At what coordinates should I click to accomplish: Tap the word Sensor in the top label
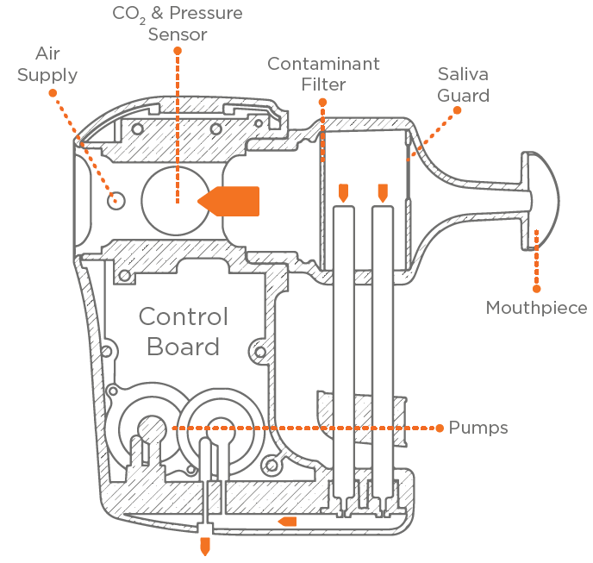tap(178, 34)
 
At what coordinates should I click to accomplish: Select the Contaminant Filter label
tap(323, 74)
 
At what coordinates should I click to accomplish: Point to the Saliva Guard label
tap(463, 84)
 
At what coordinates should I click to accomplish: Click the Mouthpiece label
tap(536, 308)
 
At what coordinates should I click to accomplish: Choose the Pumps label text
tap(478, 428)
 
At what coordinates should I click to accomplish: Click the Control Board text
tap(184, 332)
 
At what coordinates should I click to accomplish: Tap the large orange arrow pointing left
tap(228, 200)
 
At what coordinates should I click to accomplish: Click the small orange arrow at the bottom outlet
tap(205, 546)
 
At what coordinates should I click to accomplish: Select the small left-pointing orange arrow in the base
tap(287, 521)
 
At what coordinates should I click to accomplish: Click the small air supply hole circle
tap(115, 199)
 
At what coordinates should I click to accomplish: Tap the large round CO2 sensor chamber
tap(175, 199)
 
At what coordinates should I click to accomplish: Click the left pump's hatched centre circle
tap(153, 428)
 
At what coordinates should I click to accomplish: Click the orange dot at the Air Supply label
tap(53, 92)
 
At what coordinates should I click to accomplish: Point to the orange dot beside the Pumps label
tap(438, 428)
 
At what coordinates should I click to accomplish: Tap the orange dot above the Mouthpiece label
tap(536, 230)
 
